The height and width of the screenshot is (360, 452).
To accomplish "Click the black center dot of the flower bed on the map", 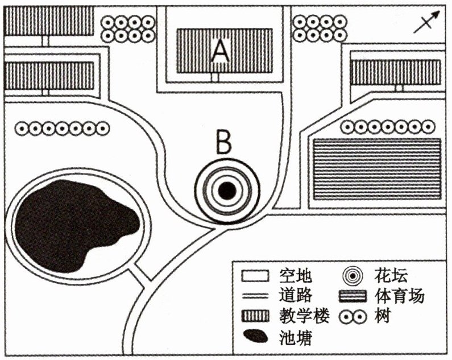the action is click(227, 191).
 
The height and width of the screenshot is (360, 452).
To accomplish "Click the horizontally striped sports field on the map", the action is click(377, 169).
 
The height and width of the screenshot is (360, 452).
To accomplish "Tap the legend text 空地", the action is click(296, 276).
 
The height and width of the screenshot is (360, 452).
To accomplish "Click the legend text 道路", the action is click(296, 295).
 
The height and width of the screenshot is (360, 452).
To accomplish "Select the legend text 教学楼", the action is click(304, 316).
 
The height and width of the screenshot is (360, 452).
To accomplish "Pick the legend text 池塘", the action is click(296, 337).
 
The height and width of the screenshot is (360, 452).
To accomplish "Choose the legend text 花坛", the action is click(391, 276).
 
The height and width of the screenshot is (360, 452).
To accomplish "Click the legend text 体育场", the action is click(399, 296).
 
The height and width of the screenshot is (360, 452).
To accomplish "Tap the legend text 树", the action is click(382, 316).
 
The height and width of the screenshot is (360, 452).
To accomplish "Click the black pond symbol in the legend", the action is click(255, 336).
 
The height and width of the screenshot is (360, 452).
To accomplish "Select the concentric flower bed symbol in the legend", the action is click(353, 276).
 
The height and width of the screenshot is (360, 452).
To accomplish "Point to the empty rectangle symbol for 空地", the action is click(255, 276).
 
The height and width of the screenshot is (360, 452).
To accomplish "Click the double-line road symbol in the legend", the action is click(255, 296).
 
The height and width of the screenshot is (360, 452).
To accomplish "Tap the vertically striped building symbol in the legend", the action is click(255, 316).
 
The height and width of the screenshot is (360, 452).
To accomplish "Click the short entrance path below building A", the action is click(215, 77).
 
